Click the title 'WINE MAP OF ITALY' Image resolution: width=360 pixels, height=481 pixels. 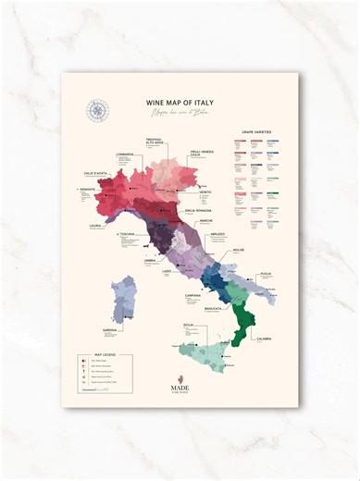pos(180,105)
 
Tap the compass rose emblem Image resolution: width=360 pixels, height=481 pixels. pos(98,110)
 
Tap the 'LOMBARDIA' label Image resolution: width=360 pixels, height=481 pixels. pos(126,154)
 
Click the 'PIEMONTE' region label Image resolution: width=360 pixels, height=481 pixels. pos(77,190)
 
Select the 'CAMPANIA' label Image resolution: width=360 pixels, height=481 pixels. pos(192,295)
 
